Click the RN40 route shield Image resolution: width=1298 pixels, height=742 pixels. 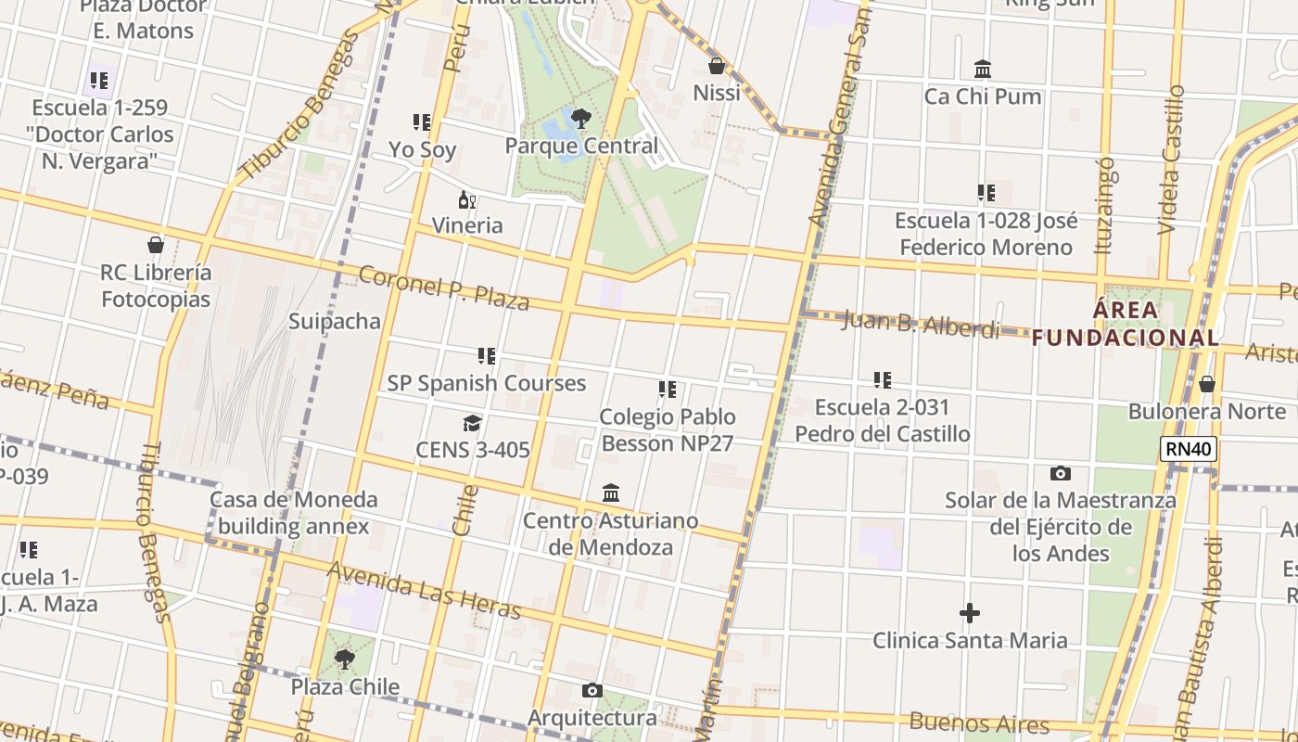(x=1188, y=450)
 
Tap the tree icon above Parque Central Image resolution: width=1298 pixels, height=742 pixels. (x=581, y=119)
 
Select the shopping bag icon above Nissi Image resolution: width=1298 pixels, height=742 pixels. (x=716, y=66)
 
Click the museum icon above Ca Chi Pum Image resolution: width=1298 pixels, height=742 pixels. (x=983, y=70)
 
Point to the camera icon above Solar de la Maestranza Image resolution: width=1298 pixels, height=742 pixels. (x=1061, y=473)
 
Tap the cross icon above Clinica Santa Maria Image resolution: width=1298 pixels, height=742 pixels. (x=969, y=613)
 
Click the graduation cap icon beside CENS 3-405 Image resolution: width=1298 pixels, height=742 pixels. (x=472, y=424)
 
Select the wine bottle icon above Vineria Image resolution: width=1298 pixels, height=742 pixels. (x=467, y=199)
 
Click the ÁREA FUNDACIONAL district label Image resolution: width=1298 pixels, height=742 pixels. (x=1126, y=324)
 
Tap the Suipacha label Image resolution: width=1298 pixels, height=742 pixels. (x=335, y=322)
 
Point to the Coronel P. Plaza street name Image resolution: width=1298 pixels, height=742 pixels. (x=443, y=288)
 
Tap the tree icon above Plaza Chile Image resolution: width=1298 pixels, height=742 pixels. (x=345, y=659)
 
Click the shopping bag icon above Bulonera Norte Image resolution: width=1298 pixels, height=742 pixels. (x=1207, y=384)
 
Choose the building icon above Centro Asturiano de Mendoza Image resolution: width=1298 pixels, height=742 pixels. (x=611, y=493)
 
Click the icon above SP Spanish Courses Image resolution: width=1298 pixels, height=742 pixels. (x=487, y=356)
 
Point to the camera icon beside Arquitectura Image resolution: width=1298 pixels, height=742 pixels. (x=592, y=691)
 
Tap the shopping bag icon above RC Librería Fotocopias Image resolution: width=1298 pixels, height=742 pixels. (x=156, y=246)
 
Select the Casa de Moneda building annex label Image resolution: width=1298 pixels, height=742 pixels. (x=293, y=513)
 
